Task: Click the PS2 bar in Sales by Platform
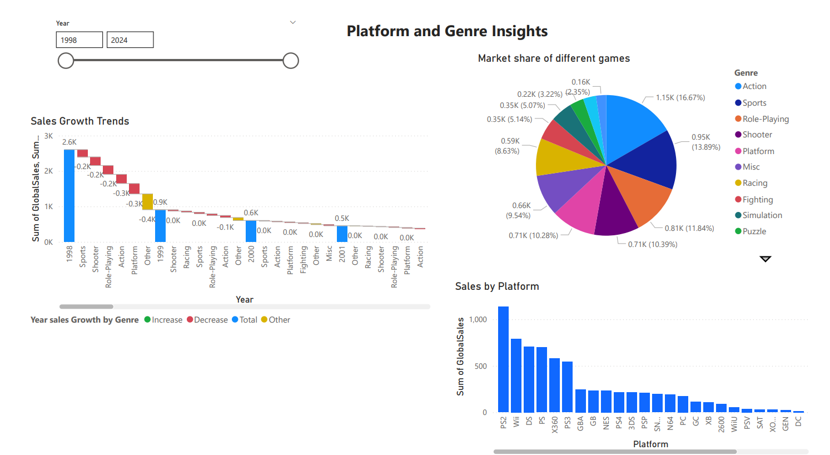coord(503,359)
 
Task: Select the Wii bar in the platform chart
coord(516,375)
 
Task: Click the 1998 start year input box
coord(79,40)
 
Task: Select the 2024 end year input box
coord(130,40)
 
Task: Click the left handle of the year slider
coord(66,61)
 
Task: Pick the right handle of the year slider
coord(291,61)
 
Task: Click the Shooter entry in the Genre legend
coord(757,135)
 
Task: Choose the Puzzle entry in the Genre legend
coord(754,231)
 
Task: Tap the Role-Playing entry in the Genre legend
coord(766,119)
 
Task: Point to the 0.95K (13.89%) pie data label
coord(705,142)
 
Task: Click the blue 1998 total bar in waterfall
coord(69,195)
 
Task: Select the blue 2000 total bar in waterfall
coord(251,231)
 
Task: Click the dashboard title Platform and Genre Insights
coord(447,31)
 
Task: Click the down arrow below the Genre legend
coord(766,259)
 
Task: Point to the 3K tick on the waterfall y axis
coord(49,136)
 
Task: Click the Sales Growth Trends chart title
coord(79,121)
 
